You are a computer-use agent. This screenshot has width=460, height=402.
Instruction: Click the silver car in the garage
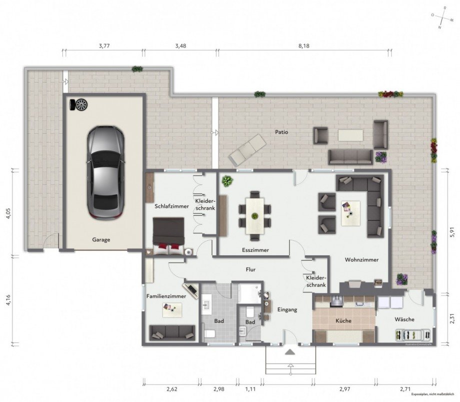(x=105, y=172)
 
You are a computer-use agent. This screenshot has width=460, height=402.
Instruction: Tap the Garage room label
(x=101, y=239)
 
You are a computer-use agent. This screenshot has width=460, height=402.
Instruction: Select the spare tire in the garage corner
(x=79, y=105)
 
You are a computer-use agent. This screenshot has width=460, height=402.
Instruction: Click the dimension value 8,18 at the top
(x=304, y=46)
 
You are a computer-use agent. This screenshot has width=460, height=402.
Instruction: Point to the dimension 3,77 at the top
(x=104, y=46)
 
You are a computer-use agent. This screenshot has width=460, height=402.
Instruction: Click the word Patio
(x=281, y=132)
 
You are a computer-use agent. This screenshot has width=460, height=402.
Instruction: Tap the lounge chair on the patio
(x=247, y=149)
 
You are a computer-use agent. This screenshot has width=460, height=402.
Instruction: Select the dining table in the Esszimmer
(x=255, y=216)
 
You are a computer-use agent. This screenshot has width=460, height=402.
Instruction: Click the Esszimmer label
(x=255, y=249)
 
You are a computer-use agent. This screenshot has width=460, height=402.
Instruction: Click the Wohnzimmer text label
(x=361, y=260)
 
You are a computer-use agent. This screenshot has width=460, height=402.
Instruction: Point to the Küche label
(x=343, y=320)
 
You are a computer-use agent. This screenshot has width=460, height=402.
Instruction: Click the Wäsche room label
(x=404, y=319)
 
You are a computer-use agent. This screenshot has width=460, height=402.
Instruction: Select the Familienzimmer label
(x=166, y=296)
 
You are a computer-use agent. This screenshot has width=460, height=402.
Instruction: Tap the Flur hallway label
(x=251, y=269)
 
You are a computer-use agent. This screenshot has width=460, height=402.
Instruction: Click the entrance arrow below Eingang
(x=289, y=352)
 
